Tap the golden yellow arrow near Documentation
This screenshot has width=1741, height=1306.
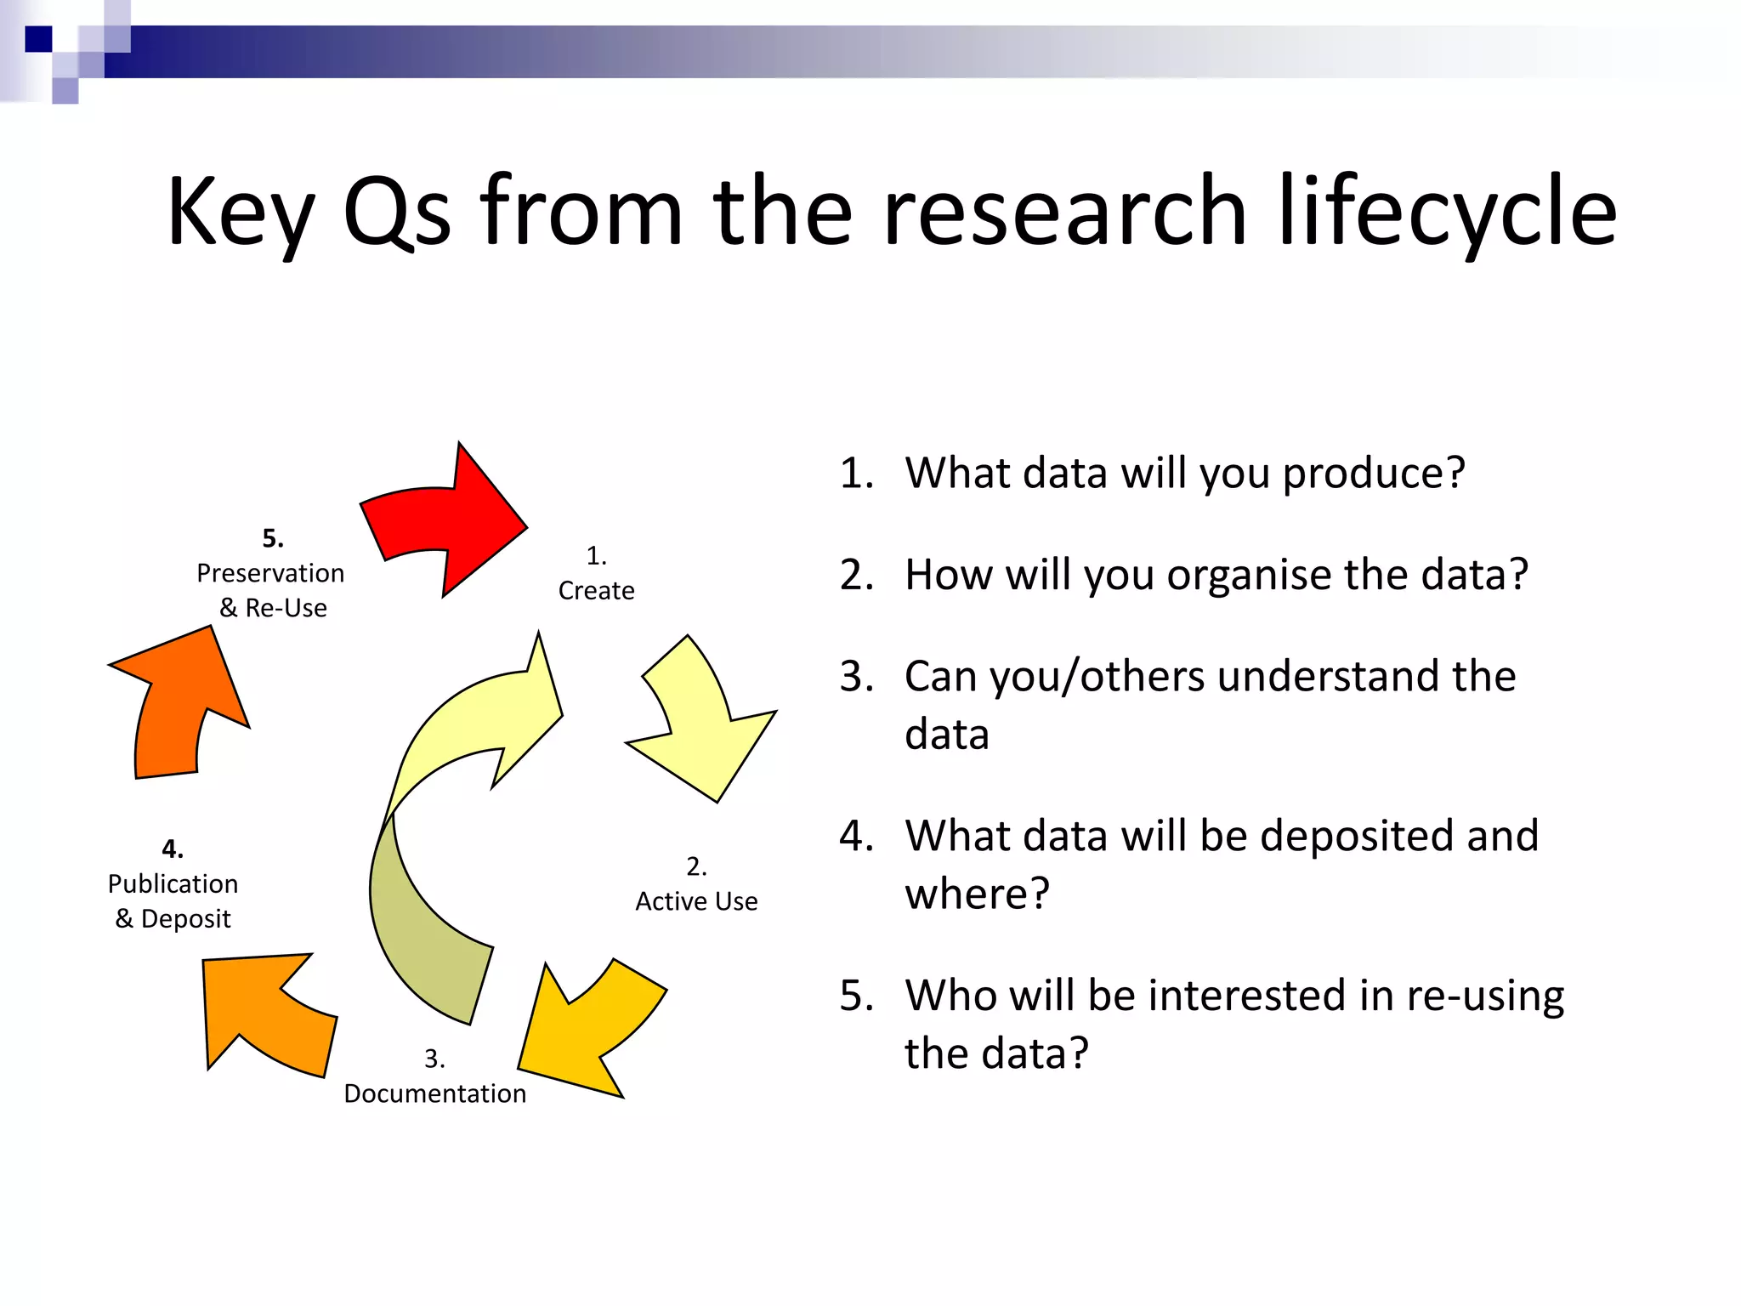tap(587, 1029)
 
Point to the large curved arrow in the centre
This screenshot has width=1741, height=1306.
tap(451, 816)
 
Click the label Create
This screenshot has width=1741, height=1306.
tap(596, 590)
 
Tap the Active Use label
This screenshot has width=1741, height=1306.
tap(696, 900)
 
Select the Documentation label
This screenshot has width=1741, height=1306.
tap(434, 1093)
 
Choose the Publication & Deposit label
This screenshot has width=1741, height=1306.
tap(173, 900)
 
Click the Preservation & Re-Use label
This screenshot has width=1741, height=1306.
tap(271, 589)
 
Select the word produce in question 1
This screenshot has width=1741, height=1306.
tap(1373, 474)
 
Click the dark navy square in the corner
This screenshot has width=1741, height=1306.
tap(38, 39)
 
